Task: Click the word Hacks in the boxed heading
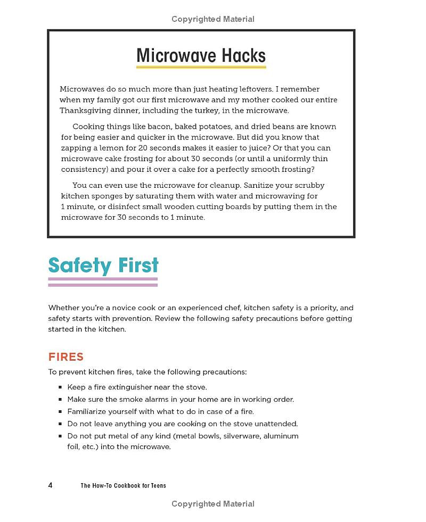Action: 240,55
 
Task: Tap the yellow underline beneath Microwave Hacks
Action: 201,68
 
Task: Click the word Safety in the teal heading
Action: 80,265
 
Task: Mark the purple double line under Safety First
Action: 103,281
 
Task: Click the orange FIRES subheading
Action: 66,357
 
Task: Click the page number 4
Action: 50,485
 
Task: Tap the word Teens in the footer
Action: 157,485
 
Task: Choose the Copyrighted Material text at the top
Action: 213,19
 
